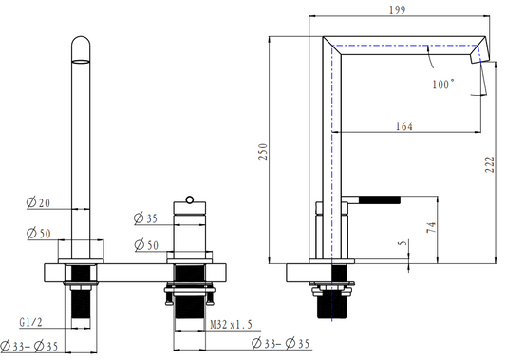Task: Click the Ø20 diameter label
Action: (x=39, y=201)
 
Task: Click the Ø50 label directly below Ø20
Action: (x=39, y=233)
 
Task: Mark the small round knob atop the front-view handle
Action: (x=190, y=199)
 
